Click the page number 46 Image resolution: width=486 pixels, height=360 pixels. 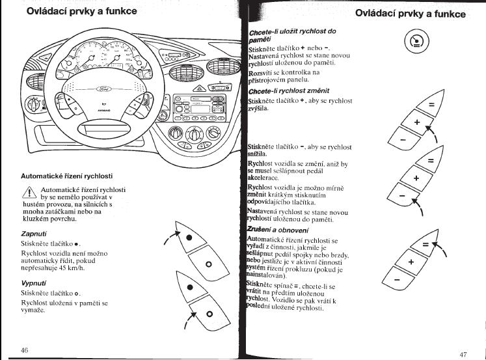click(25, 350)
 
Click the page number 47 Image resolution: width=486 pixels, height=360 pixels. click(463, 354)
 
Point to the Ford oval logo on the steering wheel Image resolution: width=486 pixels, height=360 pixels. click(105, 88)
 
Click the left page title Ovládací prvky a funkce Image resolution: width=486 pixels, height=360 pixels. click(72, 12)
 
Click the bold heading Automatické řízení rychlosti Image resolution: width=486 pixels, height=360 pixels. click(66, 176)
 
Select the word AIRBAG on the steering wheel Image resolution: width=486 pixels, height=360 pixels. click(105, 111)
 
